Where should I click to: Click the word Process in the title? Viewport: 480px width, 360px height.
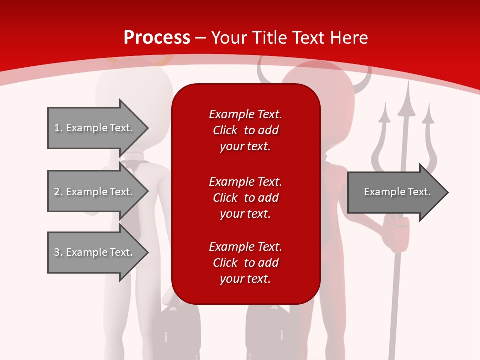point(157,37)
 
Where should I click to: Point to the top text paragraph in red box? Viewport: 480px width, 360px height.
point(245,130)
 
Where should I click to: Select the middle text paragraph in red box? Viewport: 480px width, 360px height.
point(245,198)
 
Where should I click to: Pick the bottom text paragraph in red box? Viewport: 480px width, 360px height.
point(245,263)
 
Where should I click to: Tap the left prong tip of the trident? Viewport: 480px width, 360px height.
point(385,105)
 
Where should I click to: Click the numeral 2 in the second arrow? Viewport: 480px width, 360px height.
point(57,192)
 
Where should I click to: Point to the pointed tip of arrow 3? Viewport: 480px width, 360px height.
point(148,252)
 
